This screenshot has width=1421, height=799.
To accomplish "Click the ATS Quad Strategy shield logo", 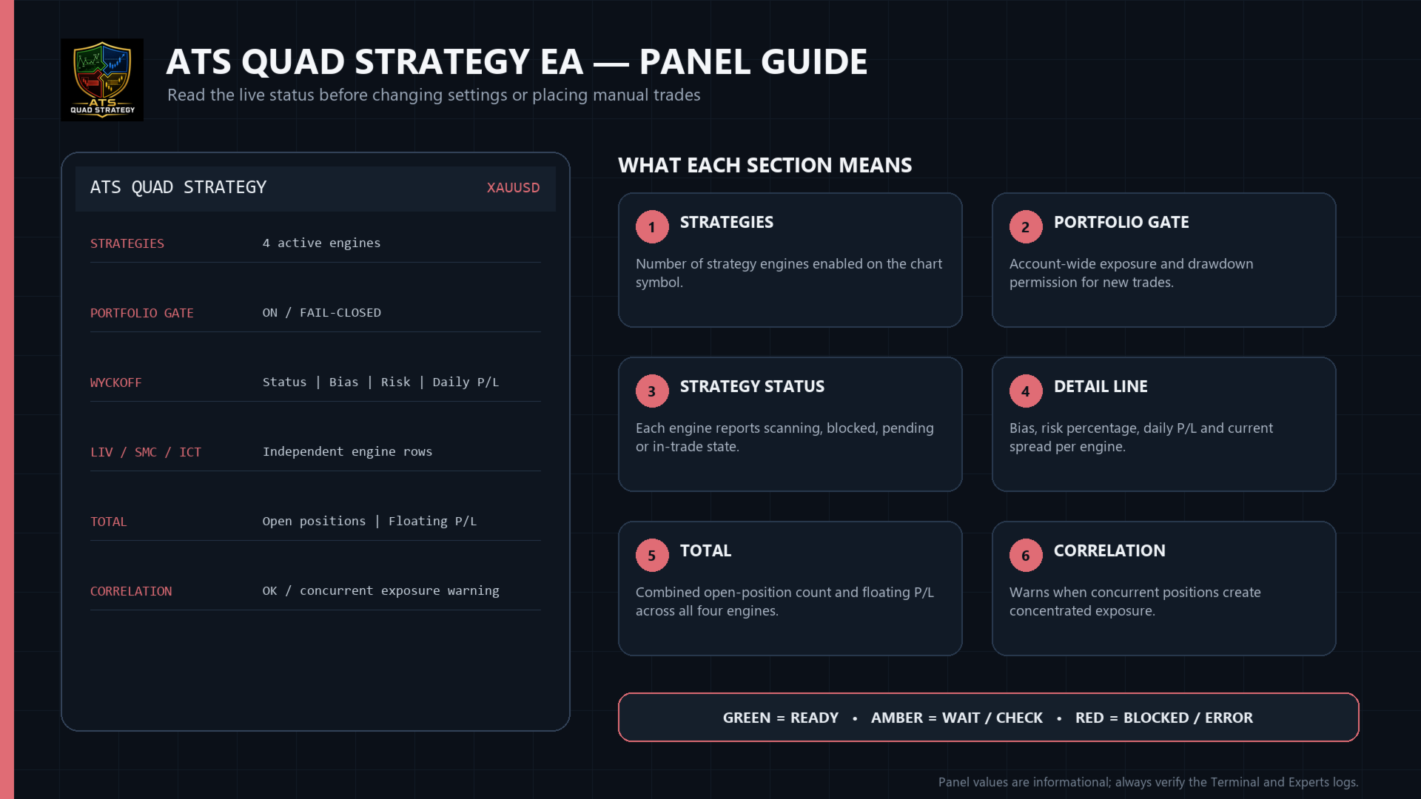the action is (102, 80).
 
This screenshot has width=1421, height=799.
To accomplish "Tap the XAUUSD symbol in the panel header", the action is (513, 188).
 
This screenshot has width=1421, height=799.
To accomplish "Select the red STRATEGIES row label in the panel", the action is (127, 243).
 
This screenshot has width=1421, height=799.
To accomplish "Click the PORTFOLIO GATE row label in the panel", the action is (142, 313).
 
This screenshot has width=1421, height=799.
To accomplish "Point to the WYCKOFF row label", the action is (115, 382).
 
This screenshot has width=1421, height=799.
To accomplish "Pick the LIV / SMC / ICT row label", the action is (146, 452).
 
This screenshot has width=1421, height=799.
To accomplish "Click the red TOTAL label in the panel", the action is (109, 522).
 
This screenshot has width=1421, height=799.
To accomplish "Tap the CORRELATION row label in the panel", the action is (131, 591).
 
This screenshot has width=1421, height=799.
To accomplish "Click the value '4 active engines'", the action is (321, 243).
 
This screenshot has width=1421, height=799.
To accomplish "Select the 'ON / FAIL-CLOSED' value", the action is (322, 312).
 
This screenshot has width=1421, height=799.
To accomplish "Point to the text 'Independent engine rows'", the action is (347, 451).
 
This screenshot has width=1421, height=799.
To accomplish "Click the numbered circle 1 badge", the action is (652, 227).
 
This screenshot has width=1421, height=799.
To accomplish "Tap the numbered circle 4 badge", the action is (1026, 391).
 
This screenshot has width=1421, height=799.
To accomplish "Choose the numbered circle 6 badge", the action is (1026, 556).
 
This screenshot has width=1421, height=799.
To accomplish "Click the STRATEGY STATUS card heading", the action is (752, 386).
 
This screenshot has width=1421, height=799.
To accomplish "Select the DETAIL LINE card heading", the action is (1101, 386).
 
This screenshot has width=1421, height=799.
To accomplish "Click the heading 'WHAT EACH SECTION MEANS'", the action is (765, 165).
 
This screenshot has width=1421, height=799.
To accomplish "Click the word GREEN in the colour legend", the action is (747, 718).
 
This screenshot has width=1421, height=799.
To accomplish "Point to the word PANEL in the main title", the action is (699, 61).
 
